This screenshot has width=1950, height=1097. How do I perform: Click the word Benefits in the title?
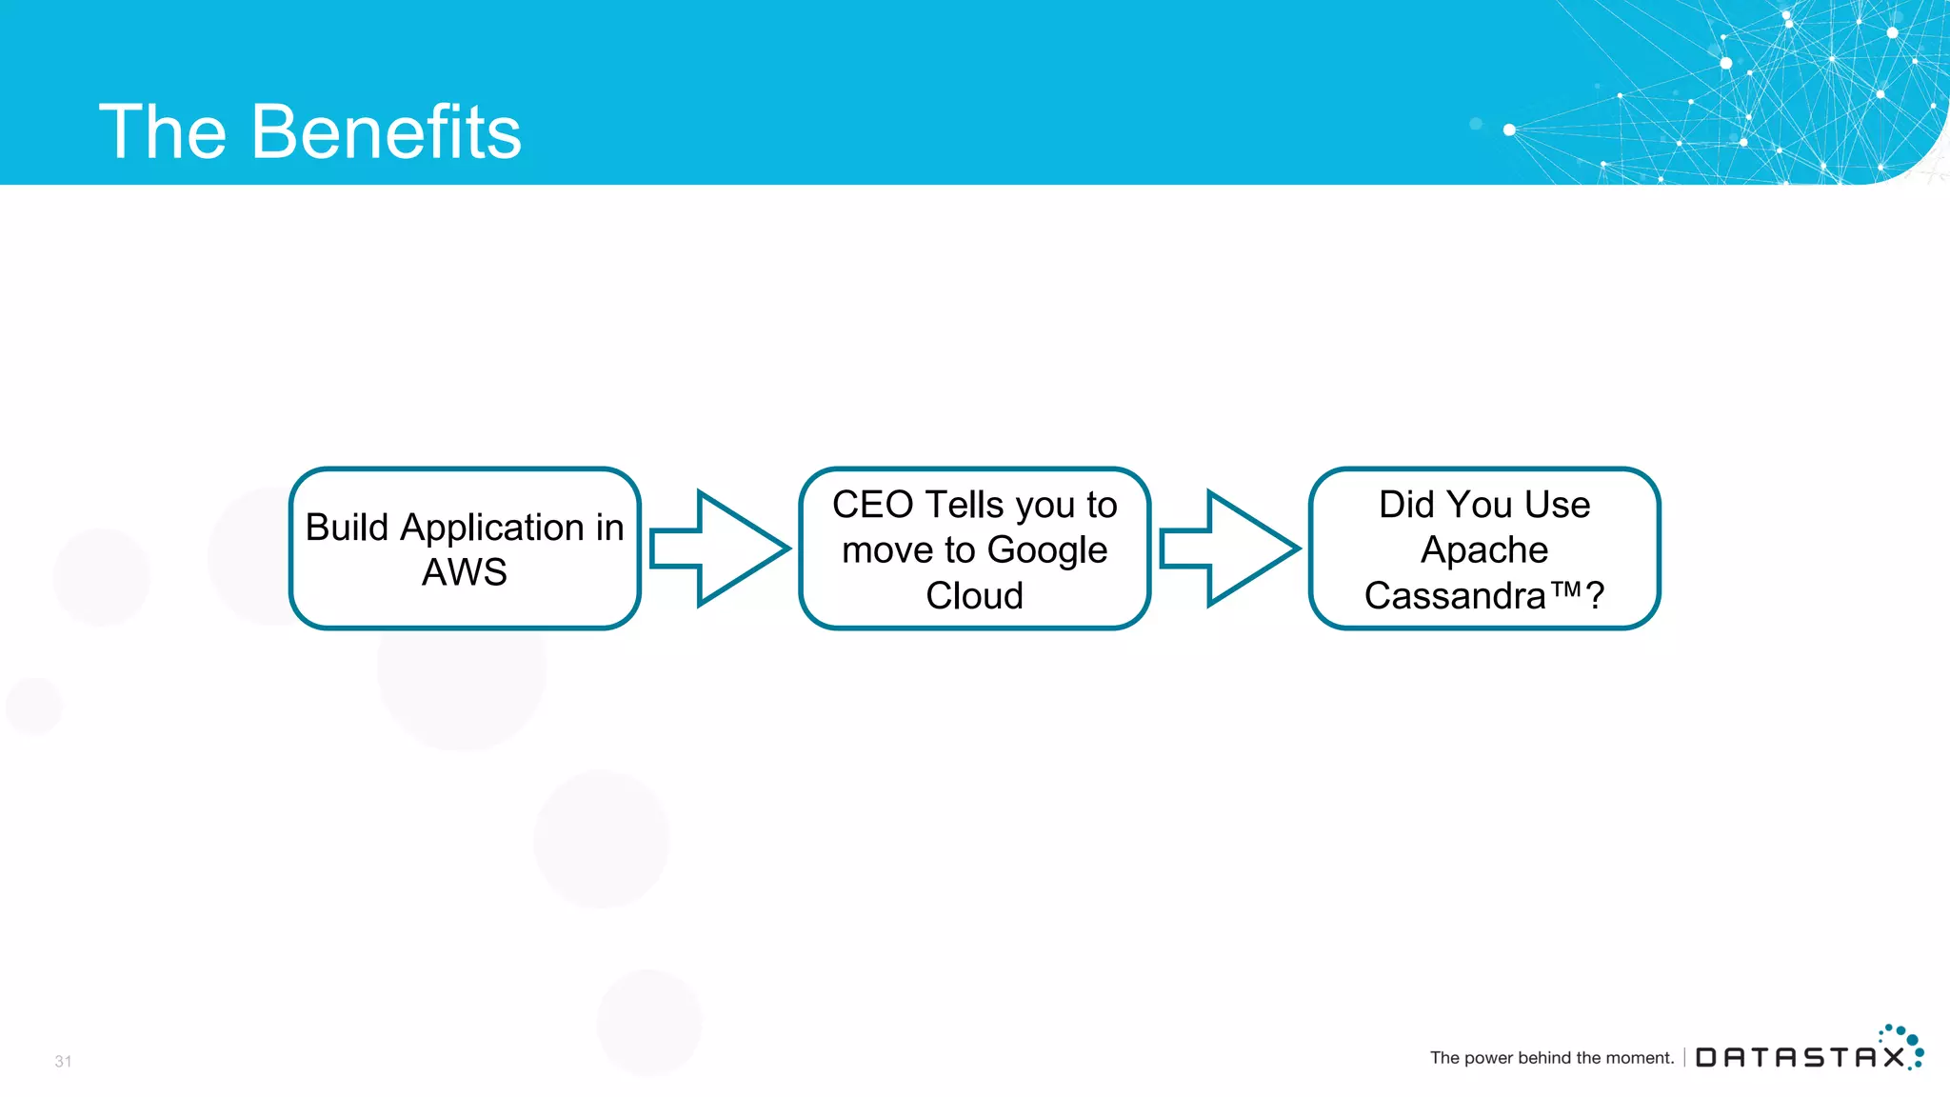[x=386, y=131]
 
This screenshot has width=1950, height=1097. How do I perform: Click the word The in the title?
[x=162, y=131]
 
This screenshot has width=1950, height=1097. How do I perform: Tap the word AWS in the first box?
[x=465, y=572]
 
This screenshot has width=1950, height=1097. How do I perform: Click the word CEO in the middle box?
[x=872, y=505]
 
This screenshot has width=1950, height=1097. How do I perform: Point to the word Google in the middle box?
[x=1047, y=550]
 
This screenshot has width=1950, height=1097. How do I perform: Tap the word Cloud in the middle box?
[x=974, y=596]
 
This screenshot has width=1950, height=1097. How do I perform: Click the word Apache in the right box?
[x=1484, y=550]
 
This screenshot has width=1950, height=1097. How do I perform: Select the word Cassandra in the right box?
[x=1454, y=596]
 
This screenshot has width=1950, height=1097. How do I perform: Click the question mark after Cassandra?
[x=1596, y=597]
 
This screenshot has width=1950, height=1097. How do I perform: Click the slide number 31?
[x=63, y=1061]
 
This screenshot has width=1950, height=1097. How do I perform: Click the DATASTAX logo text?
[x=1800, y=1058]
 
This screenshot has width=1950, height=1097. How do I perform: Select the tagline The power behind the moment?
[x=1551, y=1058]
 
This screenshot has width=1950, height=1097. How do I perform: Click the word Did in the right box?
[x=1405, y=505]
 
